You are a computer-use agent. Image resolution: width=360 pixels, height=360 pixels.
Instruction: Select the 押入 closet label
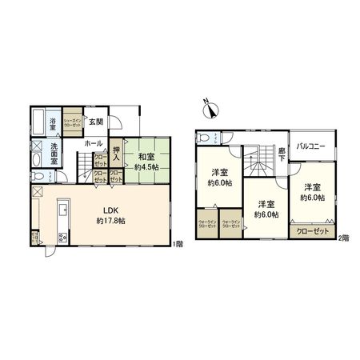(117, 152)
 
